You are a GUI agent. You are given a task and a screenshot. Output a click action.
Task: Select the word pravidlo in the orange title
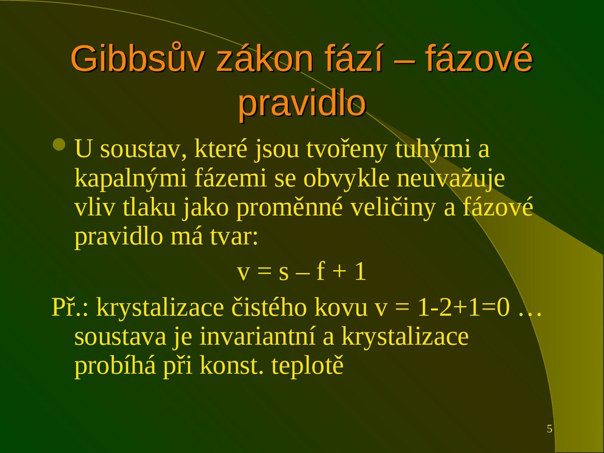(x=302, y=104)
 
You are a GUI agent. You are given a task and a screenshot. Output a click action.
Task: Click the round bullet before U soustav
(x=59, y=145)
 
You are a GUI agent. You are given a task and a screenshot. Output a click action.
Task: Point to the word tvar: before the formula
(x=232, y=238)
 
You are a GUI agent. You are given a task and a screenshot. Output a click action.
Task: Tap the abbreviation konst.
(x=232, y=366)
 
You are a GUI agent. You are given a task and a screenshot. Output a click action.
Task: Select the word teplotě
(x=307, y=366)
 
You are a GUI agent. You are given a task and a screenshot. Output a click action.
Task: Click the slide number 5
(x=550, y=429)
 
